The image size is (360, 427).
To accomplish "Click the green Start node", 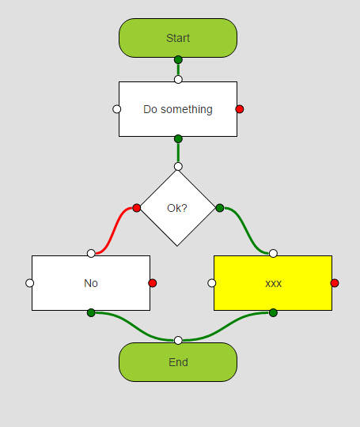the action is point(178,38).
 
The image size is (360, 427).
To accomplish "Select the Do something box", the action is point(178,109).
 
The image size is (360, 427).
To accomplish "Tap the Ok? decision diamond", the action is point(177,208).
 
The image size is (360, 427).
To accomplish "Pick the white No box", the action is point(91,283).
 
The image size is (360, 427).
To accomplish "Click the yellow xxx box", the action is point(273,283).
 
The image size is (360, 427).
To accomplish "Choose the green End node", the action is point(178,362).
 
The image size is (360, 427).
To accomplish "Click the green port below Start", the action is point(178,59).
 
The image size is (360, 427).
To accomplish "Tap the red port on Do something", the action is point(240,109).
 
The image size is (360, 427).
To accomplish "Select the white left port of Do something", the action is point(116,109).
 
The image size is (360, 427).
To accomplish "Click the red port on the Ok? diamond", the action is point(137,208).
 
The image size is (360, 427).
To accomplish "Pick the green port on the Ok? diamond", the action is point(220,208).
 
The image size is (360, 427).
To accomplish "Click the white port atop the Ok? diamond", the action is point(178,166).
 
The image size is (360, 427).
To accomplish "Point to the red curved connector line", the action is point(114,231).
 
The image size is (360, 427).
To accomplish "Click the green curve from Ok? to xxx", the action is point(247,231).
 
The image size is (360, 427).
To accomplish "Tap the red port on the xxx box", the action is point(335,283).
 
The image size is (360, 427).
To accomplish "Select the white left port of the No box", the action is point(30,283).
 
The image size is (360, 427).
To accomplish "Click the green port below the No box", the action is point(91,312).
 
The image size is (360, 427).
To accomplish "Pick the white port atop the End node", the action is point(178,340).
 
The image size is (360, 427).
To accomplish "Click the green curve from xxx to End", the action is point(225,327).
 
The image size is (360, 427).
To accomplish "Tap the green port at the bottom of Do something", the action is point(178,138).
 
